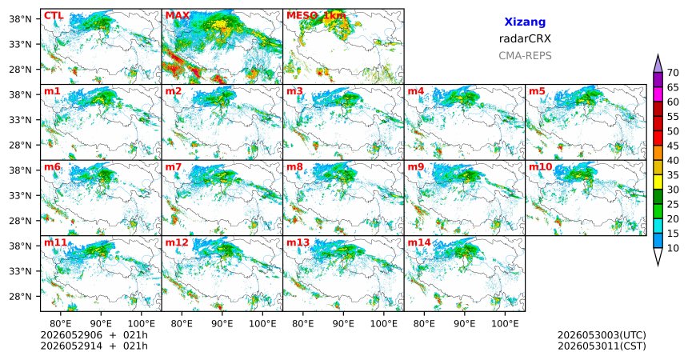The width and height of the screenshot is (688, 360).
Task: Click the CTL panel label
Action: point(54,16)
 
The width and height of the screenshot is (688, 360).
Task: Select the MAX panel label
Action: point(178,16)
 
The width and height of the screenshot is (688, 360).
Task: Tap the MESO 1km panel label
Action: point(316,16)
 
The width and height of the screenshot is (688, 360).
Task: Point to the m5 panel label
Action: point(537,91)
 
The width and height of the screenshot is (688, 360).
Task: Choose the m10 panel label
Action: point(541,167)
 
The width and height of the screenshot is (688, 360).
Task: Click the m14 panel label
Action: point(419,242)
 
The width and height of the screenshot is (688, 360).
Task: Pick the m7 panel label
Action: point(174,167)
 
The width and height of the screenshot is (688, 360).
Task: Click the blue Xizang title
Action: point(525,22)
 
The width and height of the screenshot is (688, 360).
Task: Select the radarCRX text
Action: point(525,38)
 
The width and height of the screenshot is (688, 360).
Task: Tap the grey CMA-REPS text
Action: point(525,56)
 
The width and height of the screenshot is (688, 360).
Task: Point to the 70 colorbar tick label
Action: point(673,73)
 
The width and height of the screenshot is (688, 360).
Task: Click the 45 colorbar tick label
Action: point(673,146)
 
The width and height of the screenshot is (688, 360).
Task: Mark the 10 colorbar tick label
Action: point(673,249)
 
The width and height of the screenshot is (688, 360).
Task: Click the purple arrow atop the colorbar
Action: point(658,65)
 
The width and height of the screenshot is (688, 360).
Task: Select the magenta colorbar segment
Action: point(658,94)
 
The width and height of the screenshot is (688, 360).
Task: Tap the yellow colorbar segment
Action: point(658,182)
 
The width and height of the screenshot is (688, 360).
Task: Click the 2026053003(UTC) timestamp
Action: point(602,335)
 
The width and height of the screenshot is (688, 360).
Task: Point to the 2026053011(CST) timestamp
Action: point(602,346)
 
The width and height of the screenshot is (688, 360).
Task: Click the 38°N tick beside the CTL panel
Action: point(20,19)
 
